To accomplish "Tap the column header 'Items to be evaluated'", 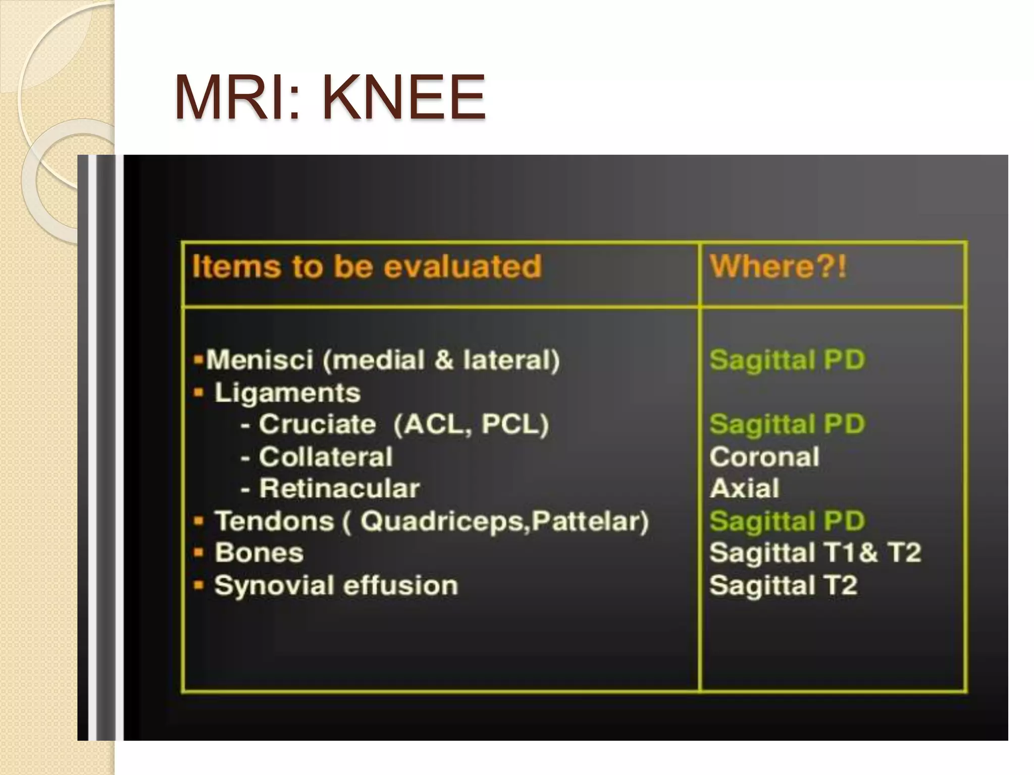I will click(x=367, y=266).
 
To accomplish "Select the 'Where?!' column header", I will click(x=778, y=266).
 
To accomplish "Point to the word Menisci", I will click(x=260, y=360).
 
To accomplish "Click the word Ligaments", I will click(x=287, y=393).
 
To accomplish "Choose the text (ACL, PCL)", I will click(x=471, y=424).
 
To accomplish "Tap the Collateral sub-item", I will click(x=326, y=457).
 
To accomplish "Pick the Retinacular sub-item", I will click(x=339, y=488).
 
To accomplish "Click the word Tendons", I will click(x=274, y=521).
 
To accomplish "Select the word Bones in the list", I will click(x=259, y=553).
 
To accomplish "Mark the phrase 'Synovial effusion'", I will click(x=336, y=586).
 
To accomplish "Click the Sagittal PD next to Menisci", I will click(x=787, y=360).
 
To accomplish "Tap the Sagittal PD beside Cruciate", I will click(x=787, y=424).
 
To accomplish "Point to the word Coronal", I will click(x=764, y=457).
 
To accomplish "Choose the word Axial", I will click(x=744, y=488).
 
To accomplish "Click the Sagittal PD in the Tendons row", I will click(x=787, y=521).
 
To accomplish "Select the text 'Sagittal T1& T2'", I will click(x=815, y=553).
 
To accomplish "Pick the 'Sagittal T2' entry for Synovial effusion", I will click(x=783, y=586).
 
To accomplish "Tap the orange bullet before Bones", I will click(x=199, y=553).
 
